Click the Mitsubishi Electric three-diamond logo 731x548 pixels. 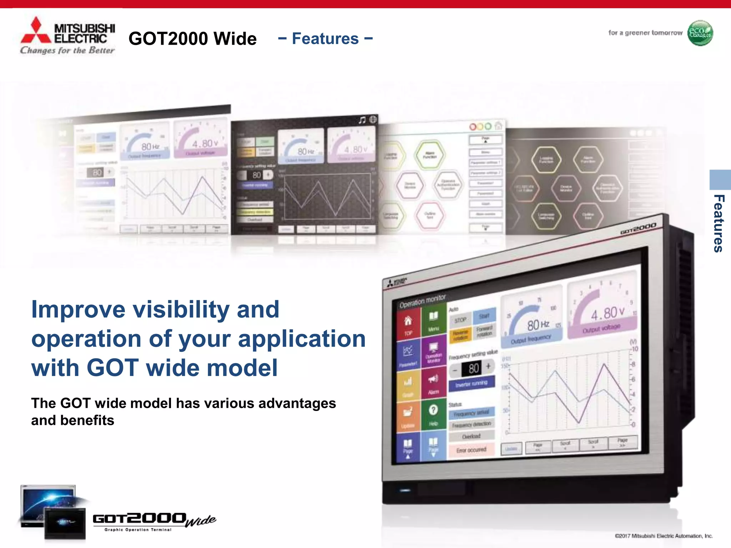coord(36,31)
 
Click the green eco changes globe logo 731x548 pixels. coord(700,33)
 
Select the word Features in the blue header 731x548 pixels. coord(325,39)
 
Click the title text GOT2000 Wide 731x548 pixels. coord(192,39)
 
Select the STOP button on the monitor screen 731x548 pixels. coord(460,320)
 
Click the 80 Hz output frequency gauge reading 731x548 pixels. coord(538,325)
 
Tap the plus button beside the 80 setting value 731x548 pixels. coord(488,366)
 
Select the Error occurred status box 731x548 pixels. coord(471,450)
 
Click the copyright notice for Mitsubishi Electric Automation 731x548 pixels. coord(664,536)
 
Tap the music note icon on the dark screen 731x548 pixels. coord(362,120)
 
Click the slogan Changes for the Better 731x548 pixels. coord(67,50)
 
